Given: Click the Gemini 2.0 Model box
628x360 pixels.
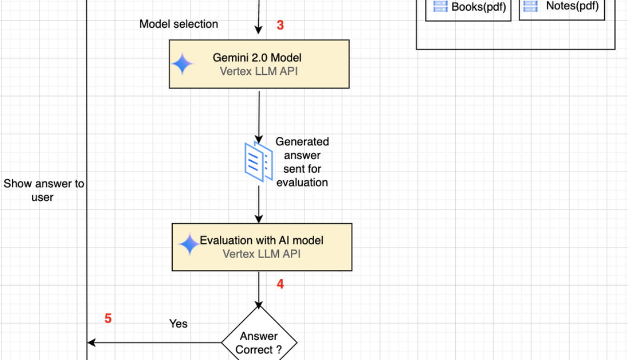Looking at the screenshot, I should (x=259, y=64).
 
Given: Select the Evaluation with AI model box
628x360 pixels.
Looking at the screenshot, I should (x=262, y=247).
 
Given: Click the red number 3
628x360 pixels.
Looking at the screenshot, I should (x=280, y=25).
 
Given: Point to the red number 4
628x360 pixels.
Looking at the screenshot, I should (x=280, y=284).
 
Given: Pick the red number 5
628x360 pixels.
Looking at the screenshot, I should (x=108, y=319).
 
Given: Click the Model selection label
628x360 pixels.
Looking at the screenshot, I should (x=179, y=24).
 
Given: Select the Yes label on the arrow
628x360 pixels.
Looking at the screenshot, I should (x=178, y=324).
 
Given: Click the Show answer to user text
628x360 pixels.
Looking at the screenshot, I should (x=43, y=191).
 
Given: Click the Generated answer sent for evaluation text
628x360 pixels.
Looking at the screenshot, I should (x=302, y=162).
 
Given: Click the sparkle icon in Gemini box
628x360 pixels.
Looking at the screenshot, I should (x=182, y=64).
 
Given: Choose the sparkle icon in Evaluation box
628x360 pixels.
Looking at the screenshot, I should (x=189, y=245).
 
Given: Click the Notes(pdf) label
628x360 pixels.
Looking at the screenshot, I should (x=572, y=6).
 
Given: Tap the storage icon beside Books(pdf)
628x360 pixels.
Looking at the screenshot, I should (x=440, y=6).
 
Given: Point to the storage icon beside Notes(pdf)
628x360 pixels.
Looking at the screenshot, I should (x=531, y=6).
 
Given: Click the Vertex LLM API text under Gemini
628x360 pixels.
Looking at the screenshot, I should (x=258, y=71).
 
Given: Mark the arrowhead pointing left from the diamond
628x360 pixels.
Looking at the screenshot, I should (x=91, y=342).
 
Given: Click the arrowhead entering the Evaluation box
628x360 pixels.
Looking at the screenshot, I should (x=259, y=219).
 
